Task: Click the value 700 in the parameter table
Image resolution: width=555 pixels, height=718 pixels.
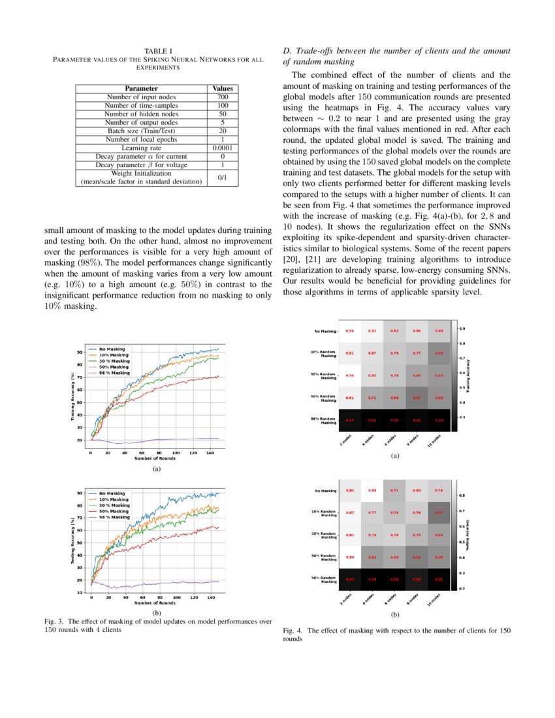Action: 223,97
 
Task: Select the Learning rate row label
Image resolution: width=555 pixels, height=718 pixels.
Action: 142,148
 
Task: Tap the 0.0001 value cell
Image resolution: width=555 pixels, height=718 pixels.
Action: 223,148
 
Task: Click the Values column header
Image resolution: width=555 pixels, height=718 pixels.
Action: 223,89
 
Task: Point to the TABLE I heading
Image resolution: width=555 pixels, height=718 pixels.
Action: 158,51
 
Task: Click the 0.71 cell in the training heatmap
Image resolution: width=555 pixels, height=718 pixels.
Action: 372,397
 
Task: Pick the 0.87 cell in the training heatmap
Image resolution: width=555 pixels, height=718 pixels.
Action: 372,352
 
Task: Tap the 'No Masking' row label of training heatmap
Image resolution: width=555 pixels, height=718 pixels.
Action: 326,331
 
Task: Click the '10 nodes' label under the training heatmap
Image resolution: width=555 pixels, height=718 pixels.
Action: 433,442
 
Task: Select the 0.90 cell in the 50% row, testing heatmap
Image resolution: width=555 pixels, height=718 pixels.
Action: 350,557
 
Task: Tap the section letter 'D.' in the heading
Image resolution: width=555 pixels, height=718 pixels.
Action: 287,51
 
